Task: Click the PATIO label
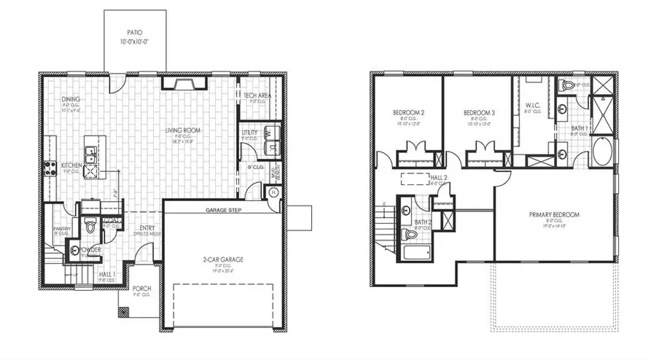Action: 134,33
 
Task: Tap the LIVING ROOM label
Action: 183,131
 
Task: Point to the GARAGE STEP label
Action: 223,211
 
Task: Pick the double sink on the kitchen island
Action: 90,155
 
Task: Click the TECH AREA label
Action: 257,95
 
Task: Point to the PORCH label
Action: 142,289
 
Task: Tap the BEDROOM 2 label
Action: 408,112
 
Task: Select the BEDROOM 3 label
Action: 479,112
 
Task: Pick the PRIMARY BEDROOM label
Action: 554,215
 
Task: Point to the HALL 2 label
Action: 439,177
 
